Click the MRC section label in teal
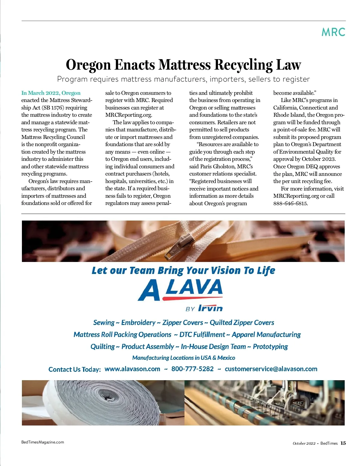tap(333, 32)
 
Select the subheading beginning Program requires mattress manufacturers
tap(183, 79)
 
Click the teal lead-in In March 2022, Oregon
tap(51, 93)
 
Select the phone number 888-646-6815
tap(290, 203)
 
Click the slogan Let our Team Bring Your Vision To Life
tap(183, 270)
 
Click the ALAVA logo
tap(180, 290)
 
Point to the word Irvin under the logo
tap(210, 308)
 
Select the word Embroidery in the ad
tap(138, 323)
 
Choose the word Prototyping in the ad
tap(270, 347)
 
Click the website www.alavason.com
tap(132, 369)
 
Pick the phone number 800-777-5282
tap(192, 369)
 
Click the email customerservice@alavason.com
tap(271, 369)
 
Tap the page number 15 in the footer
tap(343, 443)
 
